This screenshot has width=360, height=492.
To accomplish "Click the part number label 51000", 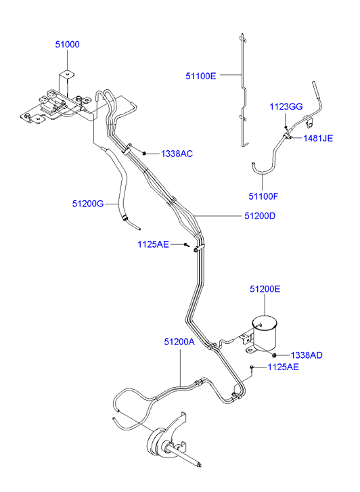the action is click(67, 45).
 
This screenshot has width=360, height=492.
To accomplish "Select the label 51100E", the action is click(201, 76).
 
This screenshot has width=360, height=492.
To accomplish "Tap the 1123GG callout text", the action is click(286, 107).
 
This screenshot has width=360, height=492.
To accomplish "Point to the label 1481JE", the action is click(318, 138).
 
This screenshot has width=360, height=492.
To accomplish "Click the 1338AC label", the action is click(177, 154).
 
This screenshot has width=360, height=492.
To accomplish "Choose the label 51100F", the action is click(263, 196).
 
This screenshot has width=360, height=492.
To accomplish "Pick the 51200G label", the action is click(88, 204).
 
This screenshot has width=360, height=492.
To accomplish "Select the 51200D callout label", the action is click(260, 216).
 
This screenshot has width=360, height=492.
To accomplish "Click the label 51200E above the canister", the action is click(265, 289).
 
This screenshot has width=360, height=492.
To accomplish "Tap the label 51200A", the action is click(179, 342).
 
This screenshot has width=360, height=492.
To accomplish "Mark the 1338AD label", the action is click(307, 355).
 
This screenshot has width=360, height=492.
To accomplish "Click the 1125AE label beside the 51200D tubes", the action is click(153, 244).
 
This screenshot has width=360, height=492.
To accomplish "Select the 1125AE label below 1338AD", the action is click(283, 367).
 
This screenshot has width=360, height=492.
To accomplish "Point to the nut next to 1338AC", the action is click(144, 154).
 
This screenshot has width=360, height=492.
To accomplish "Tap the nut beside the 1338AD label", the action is click(274, 355).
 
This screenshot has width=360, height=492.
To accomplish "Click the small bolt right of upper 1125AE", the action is click(187, 245).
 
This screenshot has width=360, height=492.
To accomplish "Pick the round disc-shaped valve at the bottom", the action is click(157, 441).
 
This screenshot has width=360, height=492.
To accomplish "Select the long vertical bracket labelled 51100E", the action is click(243, 89).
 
